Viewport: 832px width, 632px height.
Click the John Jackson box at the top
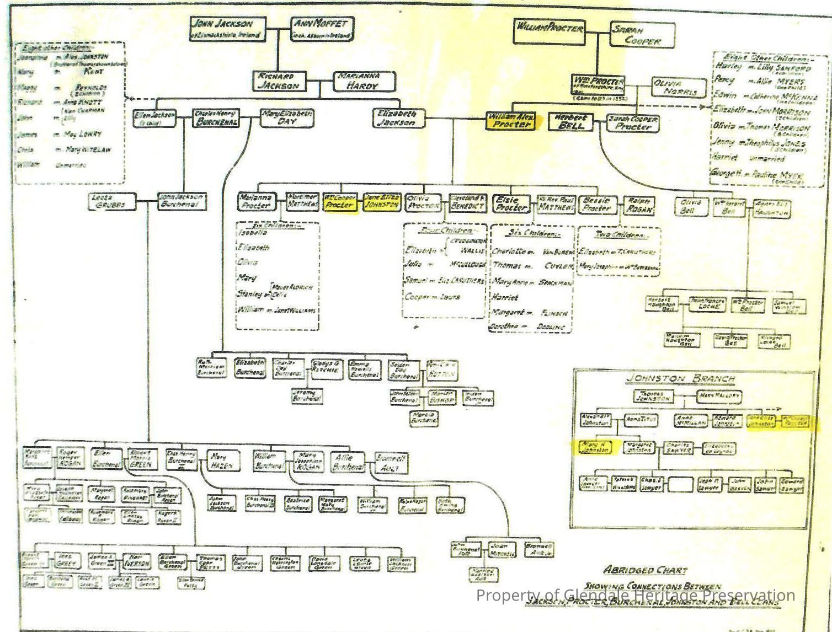(227, 29)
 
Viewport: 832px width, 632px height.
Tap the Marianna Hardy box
(364, 81)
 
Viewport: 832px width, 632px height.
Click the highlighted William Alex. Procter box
(511, 121)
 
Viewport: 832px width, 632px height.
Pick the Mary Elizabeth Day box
(286, 117)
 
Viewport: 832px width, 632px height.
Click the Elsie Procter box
(511, 203)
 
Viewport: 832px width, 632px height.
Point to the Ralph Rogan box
(639, 205)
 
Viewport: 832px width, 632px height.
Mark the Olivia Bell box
(691, 206)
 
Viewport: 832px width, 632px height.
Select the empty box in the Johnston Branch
(680, 485)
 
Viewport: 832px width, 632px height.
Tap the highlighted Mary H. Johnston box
(594, 447)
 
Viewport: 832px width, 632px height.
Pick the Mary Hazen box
(223, 461)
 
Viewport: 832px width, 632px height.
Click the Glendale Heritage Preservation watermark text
(635, 596)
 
